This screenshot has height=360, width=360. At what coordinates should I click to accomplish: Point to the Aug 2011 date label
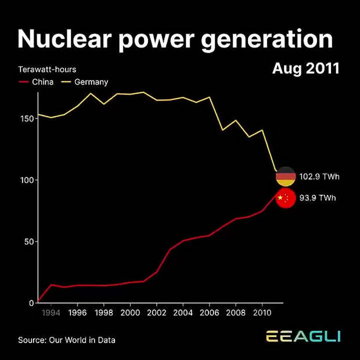coord(305,69)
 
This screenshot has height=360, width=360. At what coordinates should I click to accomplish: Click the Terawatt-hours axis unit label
coord(47,70)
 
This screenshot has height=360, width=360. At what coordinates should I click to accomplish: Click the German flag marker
coord(285,176)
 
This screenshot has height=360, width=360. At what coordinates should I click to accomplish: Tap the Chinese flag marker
coord(285,198)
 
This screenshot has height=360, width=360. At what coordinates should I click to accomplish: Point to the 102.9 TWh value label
coord(317,176)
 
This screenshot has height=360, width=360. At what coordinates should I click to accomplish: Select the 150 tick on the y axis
coord(26,118)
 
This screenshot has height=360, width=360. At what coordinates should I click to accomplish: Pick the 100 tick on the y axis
coord(26,180)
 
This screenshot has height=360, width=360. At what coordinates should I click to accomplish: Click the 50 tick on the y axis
coord(28,242)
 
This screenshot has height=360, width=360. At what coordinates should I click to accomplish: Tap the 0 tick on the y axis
coord(31,303)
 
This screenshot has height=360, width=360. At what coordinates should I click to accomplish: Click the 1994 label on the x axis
coord(51,313)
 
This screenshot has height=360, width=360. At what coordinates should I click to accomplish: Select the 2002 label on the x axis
coord(156,313)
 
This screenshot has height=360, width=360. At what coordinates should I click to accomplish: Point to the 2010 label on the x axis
coord(261,313)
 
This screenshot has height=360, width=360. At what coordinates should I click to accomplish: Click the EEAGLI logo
coord(303,337)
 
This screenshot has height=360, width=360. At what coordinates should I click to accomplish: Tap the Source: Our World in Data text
coord(66,340)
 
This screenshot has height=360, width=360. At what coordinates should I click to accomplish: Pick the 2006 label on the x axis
coord(209,313)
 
